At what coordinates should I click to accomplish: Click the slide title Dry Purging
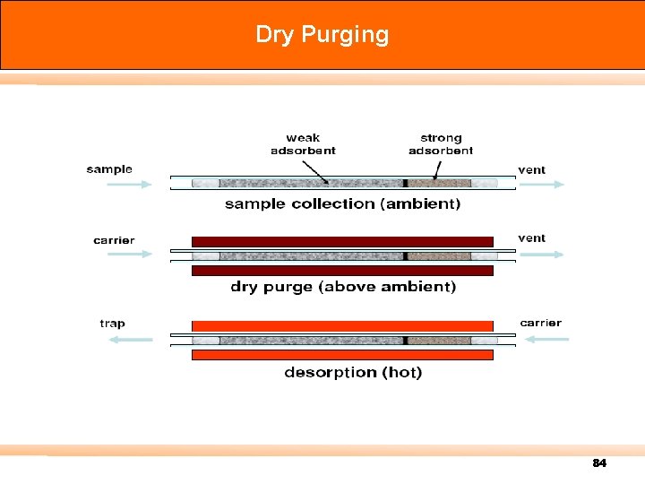pyautogui.click(x=322, y=35)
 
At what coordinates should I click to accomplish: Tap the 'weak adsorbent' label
pyautogui.click(x=303, y=143)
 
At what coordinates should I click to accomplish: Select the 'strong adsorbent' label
pyautogui.click(x=441, y=143)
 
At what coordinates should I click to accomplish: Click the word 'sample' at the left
pyautogui.click(x=109, y=169)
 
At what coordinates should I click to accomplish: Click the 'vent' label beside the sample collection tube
pyautogui.click(x=531, y=169)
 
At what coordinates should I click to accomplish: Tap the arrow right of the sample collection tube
pyautogui.click(x=543, y=185)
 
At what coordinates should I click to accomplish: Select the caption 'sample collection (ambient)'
pyautogui.click(x=342, y=203)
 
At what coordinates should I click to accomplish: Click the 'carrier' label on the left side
pyautogui.click(x=114, y=239)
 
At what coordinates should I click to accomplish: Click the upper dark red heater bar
pyautogui.click(x=342, y=241)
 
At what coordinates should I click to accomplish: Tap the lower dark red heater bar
pyautogui.click(x=342, y=270)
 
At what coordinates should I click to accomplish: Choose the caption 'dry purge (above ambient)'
pyautogui.click(x=343, y=287)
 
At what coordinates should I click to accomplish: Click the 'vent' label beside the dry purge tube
pyautogui.click(x=531, y=238)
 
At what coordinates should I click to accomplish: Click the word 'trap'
pyautogui.click(x=112, y=323)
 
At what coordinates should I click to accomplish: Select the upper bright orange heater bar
pyautogui.click(x=342, y=325)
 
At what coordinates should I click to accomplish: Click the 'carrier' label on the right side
pyautogui.click(x=540, y=323)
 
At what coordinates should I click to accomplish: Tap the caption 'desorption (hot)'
pyautogui.click(x=353, y=372)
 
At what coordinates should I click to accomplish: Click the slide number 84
pyautogui.click(x=599, y=463)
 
